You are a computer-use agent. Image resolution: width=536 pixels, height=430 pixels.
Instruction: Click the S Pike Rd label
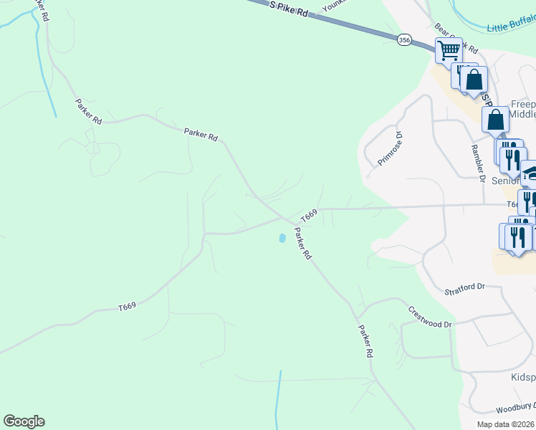click(x=289, y=10)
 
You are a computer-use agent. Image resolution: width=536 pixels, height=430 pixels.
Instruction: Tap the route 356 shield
click(x=405, y=40)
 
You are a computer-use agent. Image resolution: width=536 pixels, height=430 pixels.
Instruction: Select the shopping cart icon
click(x=449, y=50)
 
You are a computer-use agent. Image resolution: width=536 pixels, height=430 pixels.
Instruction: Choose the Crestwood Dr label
click(x=430, y=317)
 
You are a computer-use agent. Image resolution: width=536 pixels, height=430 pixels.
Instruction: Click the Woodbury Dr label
click(x=515, y=408)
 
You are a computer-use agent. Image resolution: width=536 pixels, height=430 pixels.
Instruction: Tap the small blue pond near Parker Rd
click(x=282, y=238)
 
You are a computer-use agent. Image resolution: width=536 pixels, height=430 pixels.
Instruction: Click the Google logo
click(x=24, y=421)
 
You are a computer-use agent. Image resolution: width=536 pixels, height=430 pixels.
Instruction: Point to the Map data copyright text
click(x=506, y=424)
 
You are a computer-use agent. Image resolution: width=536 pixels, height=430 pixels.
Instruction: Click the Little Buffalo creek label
click(x=511, y=27)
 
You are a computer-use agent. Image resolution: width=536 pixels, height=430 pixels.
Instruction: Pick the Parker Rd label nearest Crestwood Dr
click(x=365, y=341)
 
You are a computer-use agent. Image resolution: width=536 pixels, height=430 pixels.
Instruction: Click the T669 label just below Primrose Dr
click(x=308, y=215)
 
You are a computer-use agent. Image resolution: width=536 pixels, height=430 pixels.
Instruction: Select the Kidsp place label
click(x=523, y=377)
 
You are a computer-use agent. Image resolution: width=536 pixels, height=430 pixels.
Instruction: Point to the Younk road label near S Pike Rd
click(x=335, y=6)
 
